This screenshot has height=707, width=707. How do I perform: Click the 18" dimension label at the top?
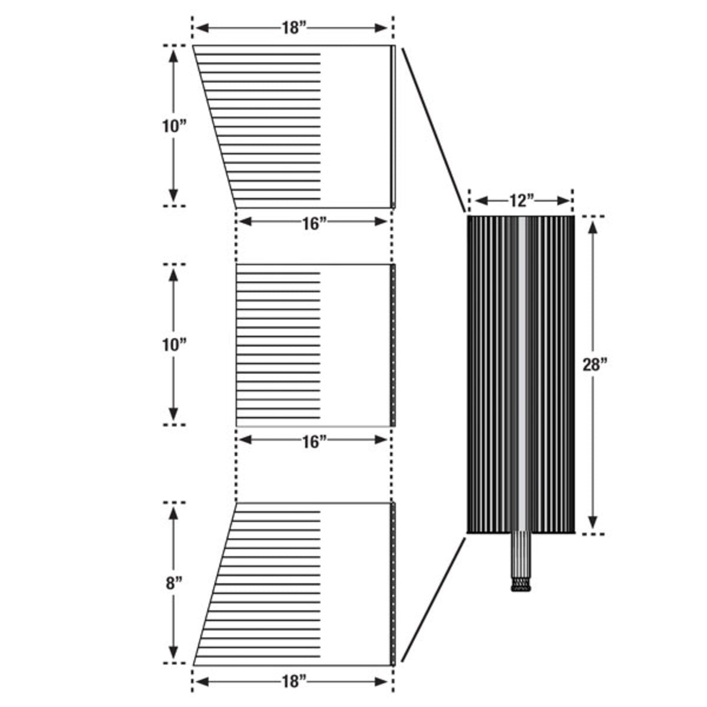click(x=294, y=28)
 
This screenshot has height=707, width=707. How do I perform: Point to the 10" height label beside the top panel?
click(x=174, y=127)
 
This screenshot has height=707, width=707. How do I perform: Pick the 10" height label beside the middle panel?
click(x=174, y=345)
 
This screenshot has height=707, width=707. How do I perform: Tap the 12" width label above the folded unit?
click(x=522, y=200)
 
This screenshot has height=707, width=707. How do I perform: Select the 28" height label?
click(x=595, y=365)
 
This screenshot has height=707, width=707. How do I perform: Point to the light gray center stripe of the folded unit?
click(x=522, y=374)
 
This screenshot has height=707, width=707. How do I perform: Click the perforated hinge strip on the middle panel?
click(x=393, y=345)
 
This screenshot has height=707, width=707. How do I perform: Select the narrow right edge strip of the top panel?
click(x=393, y=127)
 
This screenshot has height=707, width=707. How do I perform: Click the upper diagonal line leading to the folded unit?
click(x=434, y=130)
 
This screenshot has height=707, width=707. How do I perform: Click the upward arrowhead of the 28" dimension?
click(x=593, y=228)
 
